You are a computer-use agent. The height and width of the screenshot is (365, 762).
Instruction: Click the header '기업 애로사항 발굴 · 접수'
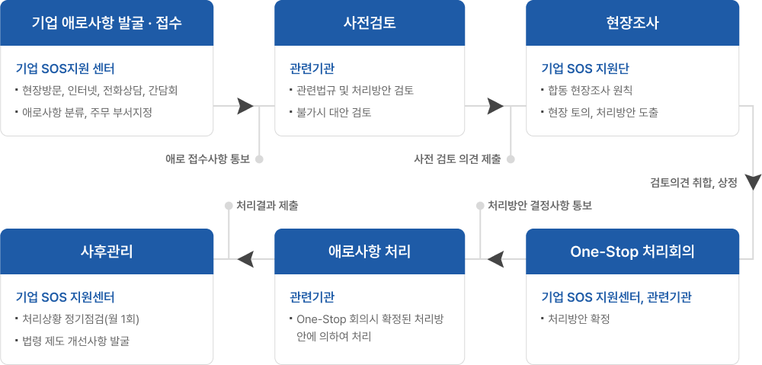pos(107,23)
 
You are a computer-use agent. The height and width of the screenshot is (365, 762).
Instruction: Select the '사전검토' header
pos(370,23)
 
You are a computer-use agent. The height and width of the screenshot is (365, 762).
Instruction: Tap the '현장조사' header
pos(632,23)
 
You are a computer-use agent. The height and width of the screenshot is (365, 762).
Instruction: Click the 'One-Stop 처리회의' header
pos(632,251)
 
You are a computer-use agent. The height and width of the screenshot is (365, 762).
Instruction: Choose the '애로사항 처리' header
pos(370,251)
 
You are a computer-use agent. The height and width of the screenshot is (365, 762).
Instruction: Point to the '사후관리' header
pos(107,251)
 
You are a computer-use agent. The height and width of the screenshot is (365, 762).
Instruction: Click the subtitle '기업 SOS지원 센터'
pos(65,69)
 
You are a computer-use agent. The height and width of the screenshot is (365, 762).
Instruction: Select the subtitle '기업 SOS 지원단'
pos(585,69)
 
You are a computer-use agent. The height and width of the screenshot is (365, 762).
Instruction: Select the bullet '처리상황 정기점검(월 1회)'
pos(81,319)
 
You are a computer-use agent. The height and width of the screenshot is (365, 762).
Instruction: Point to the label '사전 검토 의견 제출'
pos(457,159)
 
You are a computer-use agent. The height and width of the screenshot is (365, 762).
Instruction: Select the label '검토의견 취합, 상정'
pos(693,183)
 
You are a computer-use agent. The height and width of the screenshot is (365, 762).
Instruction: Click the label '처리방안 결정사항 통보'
pos(539,206)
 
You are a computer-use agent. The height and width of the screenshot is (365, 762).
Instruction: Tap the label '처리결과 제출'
pos(267,206)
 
